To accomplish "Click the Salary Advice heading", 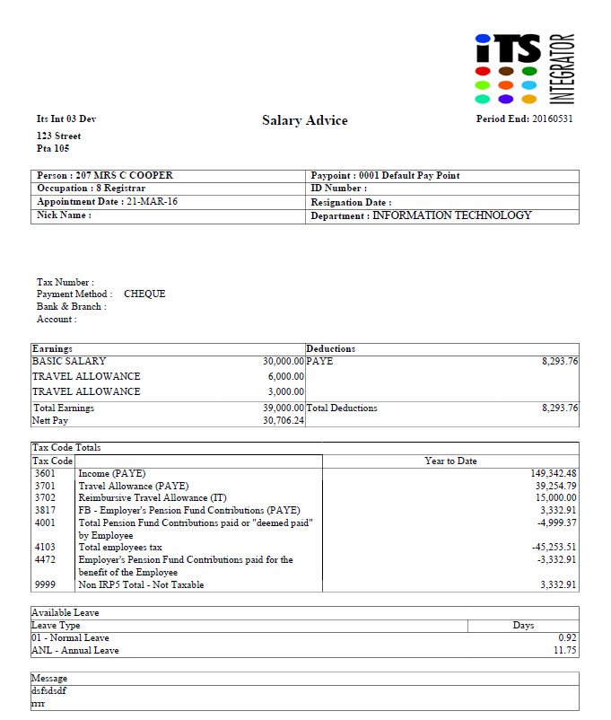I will tap(304, 120).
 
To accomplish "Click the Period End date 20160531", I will tap(552, 119).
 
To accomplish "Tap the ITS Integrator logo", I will tap(524, 68).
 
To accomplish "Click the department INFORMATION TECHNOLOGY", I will tap(451, 215).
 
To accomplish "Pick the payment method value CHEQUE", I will tap(144, 294).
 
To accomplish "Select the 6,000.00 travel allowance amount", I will tap(287, 377).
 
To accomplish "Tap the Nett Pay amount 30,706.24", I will tap(284, 420).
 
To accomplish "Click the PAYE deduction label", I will tap(320, 361).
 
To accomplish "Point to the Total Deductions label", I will tap(342, 408).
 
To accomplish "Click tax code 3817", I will tap(45, 510).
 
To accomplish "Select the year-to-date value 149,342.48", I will tap(554, 473).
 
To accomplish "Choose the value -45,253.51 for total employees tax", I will tap(554, 547).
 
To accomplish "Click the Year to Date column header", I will tap(450, 461).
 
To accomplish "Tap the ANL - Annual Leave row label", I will tap(75, 650).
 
